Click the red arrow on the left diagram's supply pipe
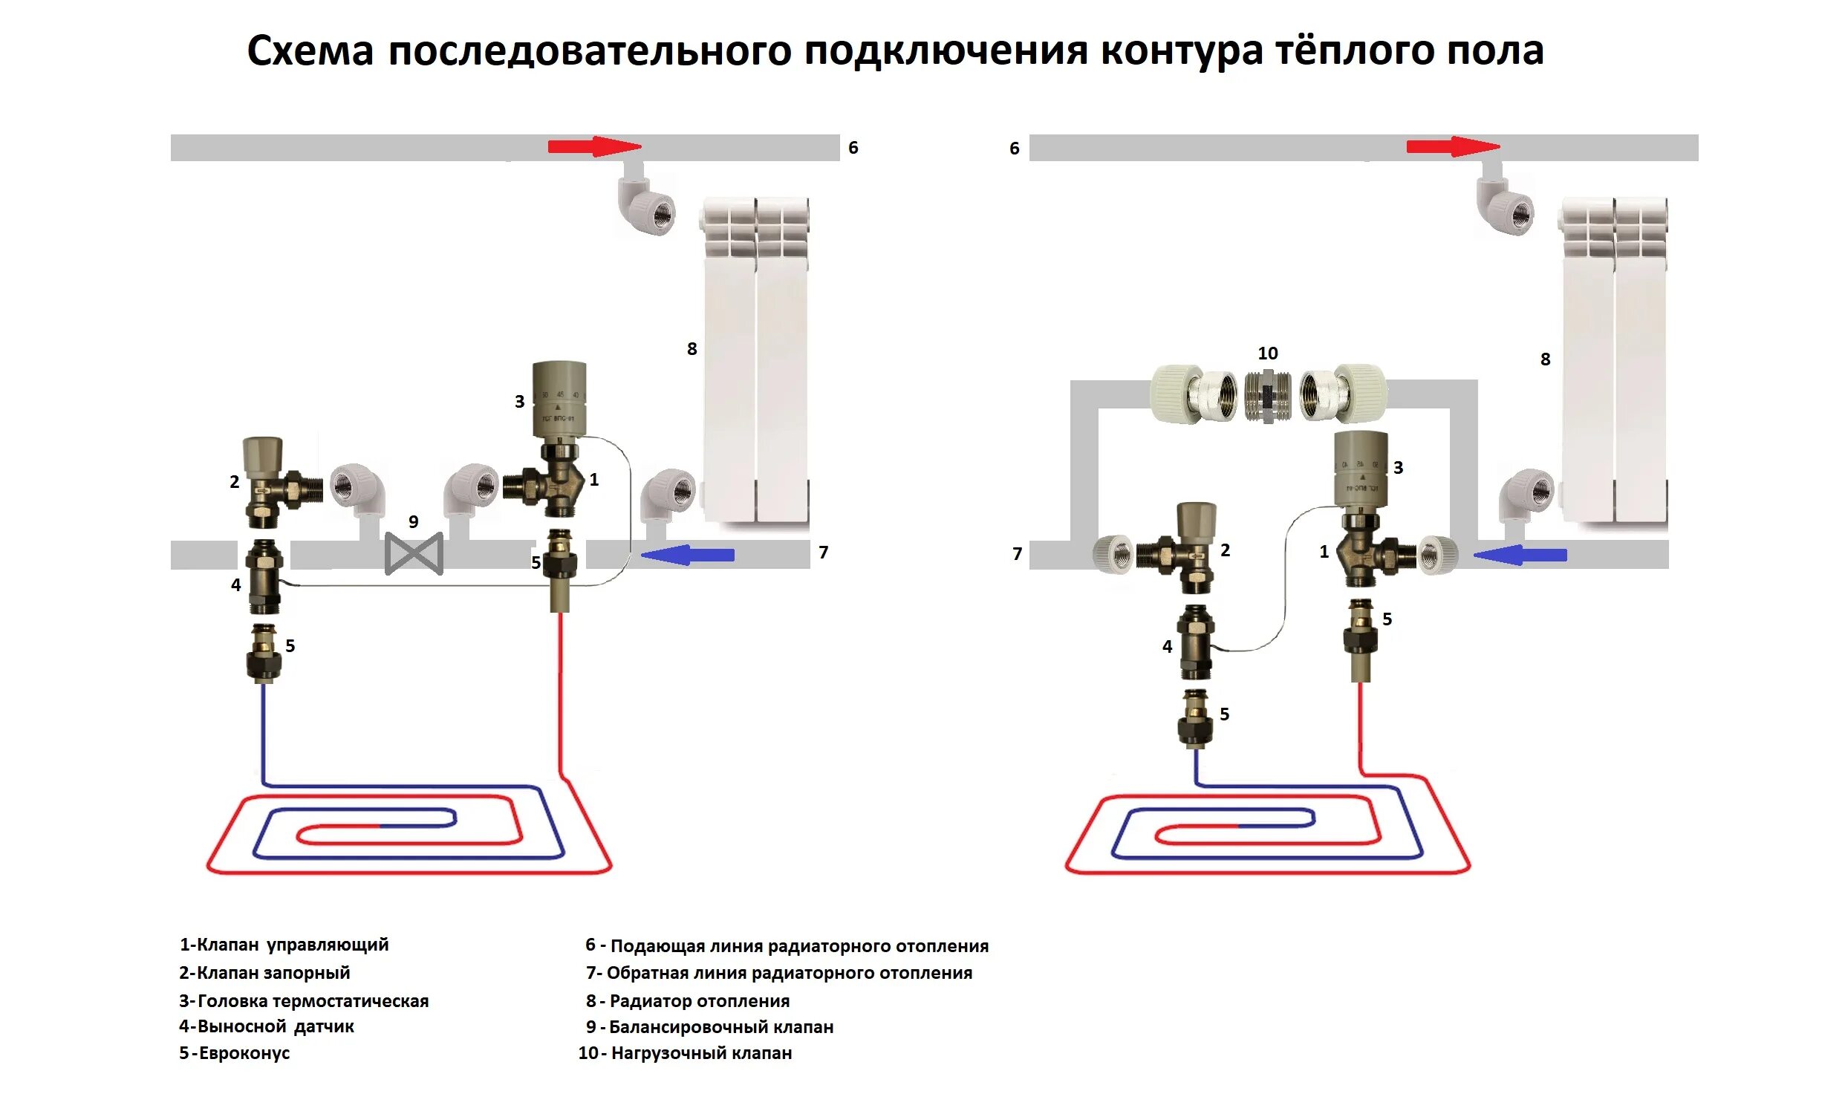click(593, 147)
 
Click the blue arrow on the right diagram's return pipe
click(1520, 555)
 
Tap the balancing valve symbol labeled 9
click(413, 554)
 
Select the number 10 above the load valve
click(1267, 354)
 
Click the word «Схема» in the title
click(310, 52)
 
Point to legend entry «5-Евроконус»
click(235, 1052)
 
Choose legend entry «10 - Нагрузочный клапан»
click(685, 1052)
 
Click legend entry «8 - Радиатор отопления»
click(687, 1001)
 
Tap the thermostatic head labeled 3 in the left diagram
click(559, 400)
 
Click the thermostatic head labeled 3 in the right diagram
click(1361, 469)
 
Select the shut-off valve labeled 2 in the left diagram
click(264, 482)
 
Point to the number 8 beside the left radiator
click(692, 349)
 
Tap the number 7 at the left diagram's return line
click(823, 553)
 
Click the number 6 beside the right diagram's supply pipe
click(1014, 149)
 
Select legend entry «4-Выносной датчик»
click(266, 1026)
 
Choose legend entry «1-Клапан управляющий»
click(284, 945)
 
